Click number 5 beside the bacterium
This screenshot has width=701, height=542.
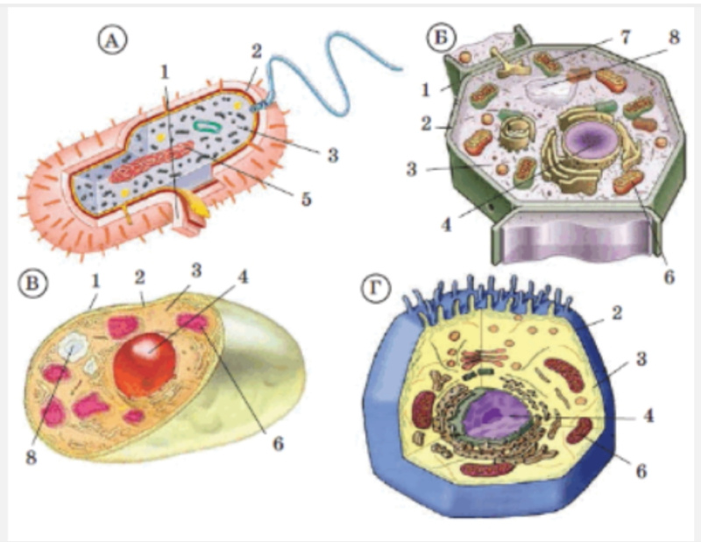click(x=305, y=200)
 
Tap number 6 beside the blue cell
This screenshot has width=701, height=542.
click(x=641, y=471)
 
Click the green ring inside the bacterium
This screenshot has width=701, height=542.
click(x=208, y=127)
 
